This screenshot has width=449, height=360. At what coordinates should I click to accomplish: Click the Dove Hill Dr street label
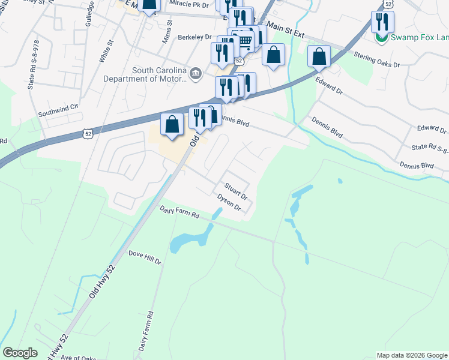[x=145, y=257]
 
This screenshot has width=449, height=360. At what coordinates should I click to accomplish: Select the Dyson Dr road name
[x=229, y=203]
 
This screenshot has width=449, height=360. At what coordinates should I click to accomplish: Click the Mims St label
[x=168, y=29]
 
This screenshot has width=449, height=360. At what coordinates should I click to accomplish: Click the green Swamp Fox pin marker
[x=381, y=37]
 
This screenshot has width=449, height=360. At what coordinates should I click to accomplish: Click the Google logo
[x=20, y=353]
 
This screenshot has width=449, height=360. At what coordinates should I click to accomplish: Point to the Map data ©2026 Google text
[x=412, y=355]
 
